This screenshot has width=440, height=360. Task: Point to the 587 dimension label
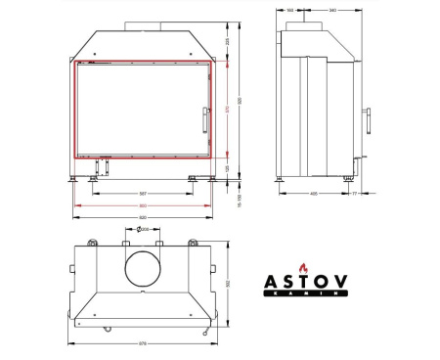[144, 193]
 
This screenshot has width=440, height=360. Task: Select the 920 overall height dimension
[238, 100]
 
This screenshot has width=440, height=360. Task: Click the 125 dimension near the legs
[228, 167]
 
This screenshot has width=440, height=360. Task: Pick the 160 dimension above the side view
[290, 11]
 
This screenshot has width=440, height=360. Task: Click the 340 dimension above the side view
[333, 11]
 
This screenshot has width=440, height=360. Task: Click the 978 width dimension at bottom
[144, 343]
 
